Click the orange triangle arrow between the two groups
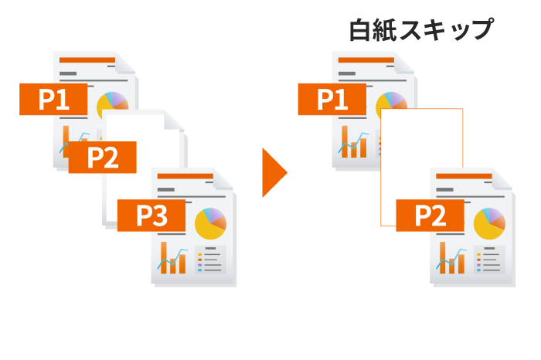(x=274, y=172)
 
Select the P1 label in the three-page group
(x=53, y=100)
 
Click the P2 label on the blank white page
(x=102, y=157)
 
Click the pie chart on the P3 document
(x=209, y=223)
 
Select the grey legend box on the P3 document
(x=210, y=260)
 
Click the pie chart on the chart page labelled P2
(x=488, y=223)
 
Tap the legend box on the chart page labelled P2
(x=489, y=260)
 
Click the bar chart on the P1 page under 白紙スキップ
(x=355, y=142)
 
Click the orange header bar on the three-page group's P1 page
(x=87, y=59)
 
